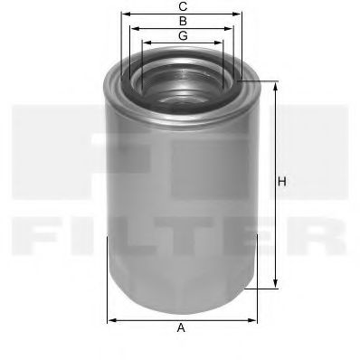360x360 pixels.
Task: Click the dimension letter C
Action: click(x=183, y=6)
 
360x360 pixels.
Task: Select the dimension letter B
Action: click(x=183, y=20)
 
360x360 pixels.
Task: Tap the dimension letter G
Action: click(x=183, y=35)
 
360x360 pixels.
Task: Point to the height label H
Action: click(x=282, y=182)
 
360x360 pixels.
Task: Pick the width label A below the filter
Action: click(x=181, y=327)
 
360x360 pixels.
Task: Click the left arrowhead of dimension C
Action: click(x=124, y=14)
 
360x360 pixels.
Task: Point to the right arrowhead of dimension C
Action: click(x=242, y=14)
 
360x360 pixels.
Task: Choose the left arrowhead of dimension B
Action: click(x=134, y=28)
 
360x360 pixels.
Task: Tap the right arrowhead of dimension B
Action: click(x=232, y=28)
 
